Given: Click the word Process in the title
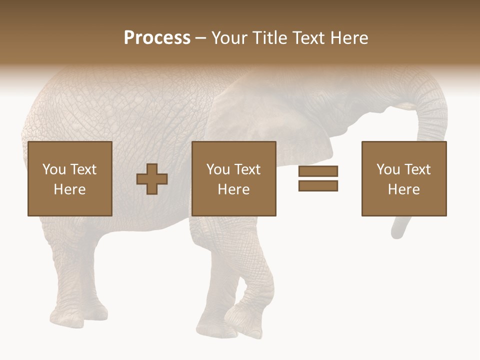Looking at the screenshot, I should point(157,38).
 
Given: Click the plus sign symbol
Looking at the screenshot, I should point(152,179).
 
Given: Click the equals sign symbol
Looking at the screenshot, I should point(318,178).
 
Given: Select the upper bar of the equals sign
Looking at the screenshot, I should point(318,171).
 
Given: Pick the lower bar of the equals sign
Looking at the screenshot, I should point(318,186).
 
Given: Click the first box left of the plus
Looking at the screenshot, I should point(69,178).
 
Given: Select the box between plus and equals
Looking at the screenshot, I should point(233,178).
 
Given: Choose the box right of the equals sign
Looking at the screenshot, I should point(403,178).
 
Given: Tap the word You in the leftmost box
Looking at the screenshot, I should point(54,169).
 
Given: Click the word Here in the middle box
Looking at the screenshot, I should point(233,189).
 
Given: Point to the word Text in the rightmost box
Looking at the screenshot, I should point(418,169).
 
